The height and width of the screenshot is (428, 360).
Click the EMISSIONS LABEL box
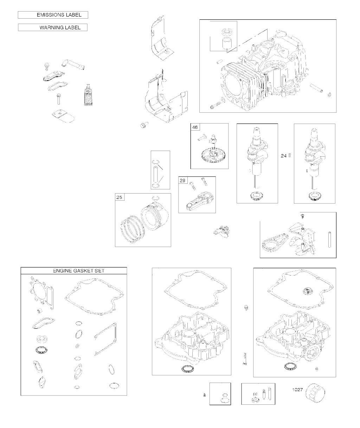pos(53,15)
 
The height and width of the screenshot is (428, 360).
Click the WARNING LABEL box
pos(53,27)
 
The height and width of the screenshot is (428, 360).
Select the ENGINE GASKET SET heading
pos(79,271)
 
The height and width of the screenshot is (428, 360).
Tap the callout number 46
pos(195,127)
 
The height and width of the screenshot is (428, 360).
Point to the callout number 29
pos(182,180)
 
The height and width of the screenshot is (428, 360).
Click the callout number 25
pos(119,197)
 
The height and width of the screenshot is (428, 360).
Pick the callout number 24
pos(283,156)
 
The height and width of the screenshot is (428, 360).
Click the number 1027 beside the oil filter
pos(297,390)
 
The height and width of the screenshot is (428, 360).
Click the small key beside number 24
pos(290,156)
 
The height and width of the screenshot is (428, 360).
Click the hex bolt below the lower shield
pos(144,125)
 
